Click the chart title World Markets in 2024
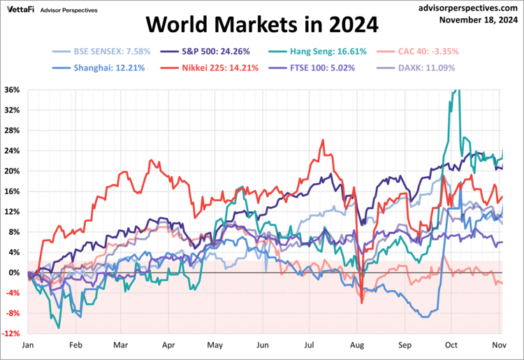pyautogui.click(x=261, y=26)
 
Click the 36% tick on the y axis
pyautogui.click(x=12, y=89)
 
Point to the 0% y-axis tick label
pyautogui.click(x=14, y=273)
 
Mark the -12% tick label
pyautogui.click(x=11, y=333)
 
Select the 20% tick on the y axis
pyautogui.click(x=12, y=171)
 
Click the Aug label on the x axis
pyautogui.click(x=356, y=345)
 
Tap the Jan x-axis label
pyautogui.click(x=29, y=345)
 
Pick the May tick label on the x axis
pyautogui.click(x=215, y=345)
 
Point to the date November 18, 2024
pyautogui.click(x=479, y=20)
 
